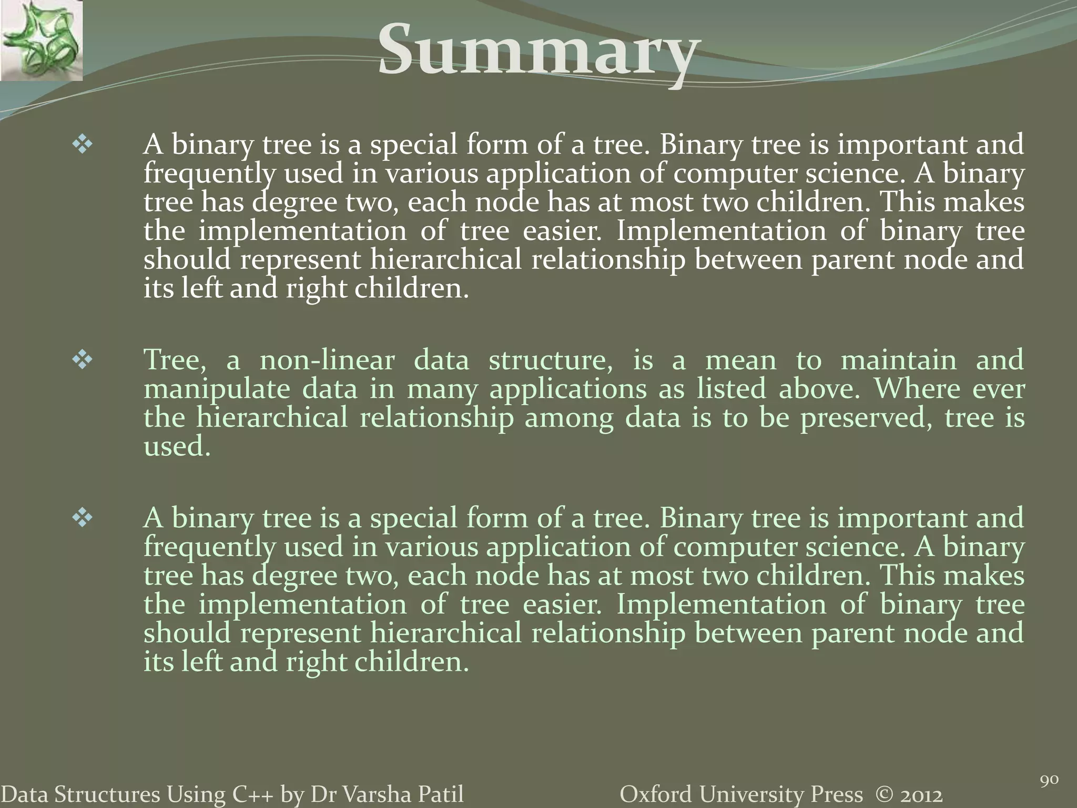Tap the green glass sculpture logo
41,41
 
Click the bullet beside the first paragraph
83,145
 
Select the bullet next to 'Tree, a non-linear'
83,361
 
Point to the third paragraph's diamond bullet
83,519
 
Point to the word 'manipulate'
216,390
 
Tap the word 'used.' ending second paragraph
177,447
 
